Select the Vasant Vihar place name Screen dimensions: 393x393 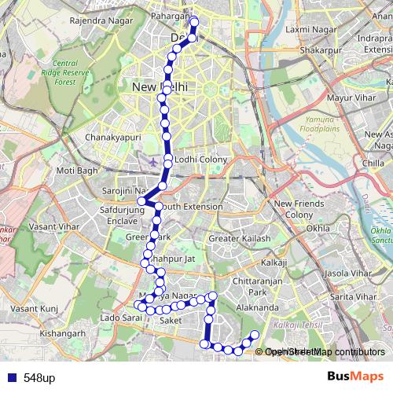(x=49, y=225)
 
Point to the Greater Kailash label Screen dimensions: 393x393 (x=239, y=239)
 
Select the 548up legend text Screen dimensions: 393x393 (x=39, y=378)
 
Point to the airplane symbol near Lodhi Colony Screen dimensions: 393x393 (x=152, y=161)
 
